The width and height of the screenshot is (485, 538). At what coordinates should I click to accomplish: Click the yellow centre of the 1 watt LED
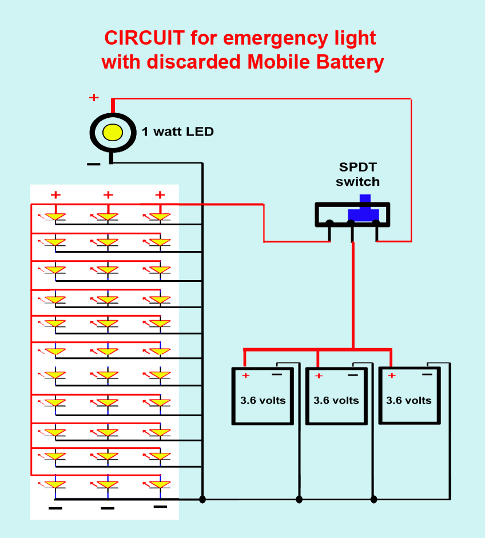click(x=112, y=132)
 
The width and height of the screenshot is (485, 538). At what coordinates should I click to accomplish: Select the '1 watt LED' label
click(x=178, y=131)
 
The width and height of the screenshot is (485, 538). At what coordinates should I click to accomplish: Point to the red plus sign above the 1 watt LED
click(x=94, y=98)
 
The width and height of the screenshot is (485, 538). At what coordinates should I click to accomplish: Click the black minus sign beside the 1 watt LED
click(x=93, y=165)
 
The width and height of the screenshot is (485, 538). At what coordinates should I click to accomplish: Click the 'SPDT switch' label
click(x=357, y=175)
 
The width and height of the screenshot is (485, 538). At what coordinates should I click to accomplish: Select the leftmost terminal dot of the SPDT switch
click(x=329, y=224)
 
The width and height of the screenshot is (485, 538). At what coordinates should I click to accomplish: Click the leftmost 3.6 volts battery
click(x=263, y=396)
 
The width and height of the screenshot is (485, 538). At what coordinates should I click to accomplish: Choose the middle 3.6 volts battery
click(x=336, y=397)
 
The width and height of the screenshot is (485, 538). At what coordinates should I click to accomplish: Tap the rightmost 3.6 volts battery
click(x=409, y=396)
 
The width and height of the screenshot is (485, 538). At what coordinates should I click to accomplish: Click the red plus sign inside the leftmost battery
click(x=246, y=376)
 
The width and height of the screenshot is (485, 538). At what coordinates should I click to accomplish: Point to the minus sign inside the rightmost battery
click(x=427, y=374)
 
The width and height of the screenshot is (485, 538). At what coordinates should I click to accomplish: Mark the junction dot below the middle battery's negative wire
click(x=299, y=499)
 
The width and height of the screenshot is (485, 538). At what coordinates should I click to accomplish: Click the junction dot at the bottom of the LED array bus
click(x=202, y=499)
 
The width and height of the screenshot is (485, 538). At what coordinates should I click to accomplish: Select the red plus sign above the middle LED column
click(x=108, y=195)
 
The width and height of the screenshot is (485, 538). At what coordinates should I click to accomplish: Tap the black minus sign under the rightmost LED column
click(x=161, y=507)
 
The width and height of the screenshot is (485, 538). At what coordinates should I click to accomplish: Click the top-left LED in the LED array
click(x=55, y=217)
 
